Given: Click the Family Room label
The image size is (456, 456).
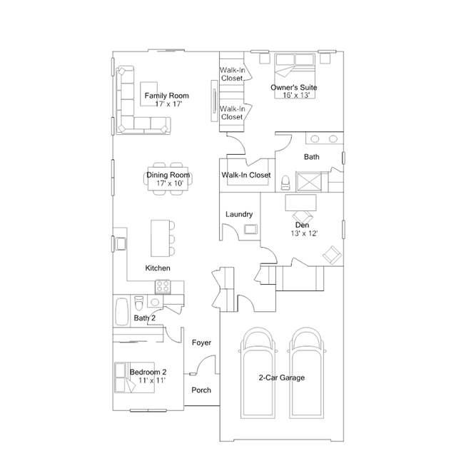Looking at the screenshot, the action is coord(167,96).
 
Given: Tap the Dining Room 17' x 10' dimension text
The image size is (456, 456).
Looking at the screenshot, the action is coord(170,183).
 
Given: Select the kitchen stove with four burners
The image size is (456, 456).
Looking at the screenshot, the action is coord(163,286).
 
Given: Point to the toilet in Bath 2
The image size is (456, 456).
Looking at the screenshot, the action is coord(139,303).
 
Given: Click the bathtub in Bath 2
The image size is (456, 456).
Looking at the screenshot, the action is coord(122,311).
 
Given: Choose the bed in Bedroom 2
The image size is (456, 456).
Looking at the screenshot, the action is coord(134,378).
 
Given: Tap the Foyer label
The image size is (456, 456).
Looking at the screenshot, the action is coord(201,343).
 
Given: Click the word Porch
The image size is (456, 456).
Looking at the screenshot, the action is coord(201,390).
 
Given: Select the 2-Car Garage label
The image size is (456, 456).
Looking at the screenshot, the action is coord(282,378).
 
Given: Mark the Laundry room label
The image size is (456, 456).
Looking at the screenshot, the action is coord(239,214).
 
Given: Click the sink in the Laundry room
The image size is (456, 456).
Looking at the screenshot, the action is coord(250,229).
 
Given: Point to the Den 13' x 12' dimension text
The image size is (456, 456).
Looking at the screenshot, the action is coord(304,233).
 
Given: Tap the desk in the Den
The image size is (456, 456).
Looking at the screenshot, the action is coord(300,203).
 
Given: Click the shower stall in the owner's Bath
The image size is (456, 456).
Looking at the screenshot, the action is coord(309,182).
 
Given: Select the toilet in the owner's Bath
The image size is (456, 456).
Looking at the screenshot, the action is coord(285,183).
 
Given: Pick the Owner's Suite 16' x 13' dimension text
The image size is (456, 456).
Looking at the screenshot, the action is coord(296,95).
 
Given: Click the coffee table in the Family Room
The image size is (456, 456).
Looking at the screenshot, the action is coord(148,94).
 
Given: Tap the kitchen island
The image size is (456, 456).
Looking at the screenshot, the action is coord(160,238).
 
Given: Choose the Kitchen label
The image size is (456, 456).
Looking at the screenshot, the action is coord(158,268).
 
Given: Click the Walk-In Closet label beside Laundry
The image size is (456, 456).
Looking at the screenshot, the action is coord(246,175).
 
